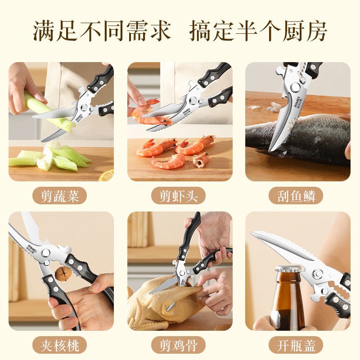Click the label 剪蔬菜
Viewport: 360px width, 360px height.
click(60, 196)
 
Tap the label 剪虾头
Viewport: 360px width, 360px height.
click(178, 196)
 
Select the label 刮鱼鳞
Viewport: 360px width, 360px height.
click(296, 196)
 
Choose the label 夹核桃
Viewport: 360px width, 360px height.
click(60, 345)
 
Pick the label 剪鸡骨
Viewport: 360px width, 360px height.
click(178, 345)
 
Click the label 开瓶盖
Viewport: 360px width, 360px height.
click(296, 345)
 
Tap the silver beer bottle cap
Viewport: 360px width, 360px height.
click(288, 269)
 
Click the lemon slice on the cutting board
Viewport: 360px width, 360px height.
click(107, 175)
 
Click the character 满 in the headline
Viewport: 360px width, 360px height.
click(44, 31)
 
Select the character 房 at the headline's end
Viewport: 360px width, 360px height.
click(316, 31)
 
